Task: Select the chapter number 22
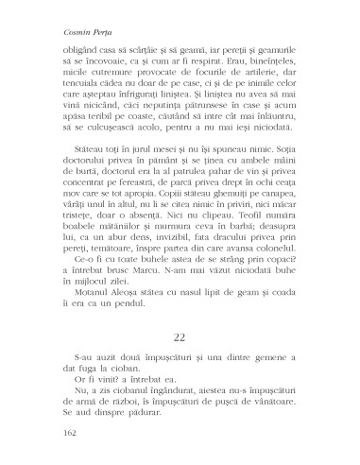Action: click(x=179, y=336)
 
